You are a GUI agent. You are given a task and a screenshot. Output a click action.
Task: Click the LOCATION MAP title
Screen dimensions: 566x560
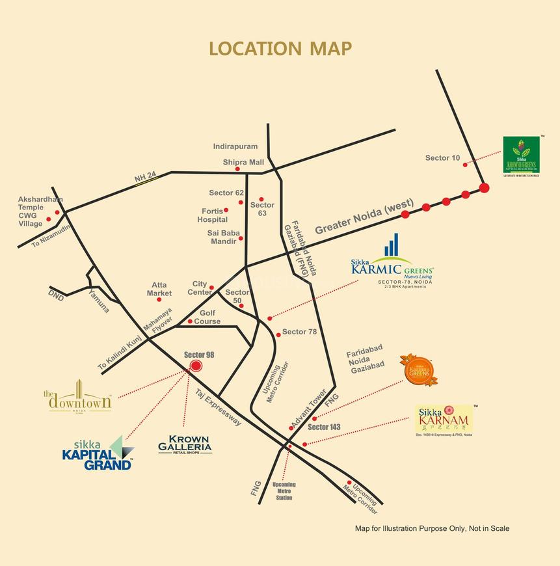coord(280,49)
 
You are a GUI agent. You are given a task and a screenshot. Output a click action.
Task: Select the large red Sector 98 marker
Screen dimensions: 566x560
coord(196,367)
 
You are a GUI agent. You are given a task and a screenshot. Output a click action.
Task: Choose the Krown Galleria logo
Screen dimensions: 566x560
coord(185,444)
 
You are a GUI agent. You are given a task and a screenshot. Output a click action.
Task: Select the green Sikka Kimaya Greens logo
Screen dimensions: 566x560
coord(522,155)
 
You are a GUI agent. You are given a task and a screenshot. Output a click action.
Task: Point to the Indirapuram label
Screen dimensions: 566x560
coord(235,147)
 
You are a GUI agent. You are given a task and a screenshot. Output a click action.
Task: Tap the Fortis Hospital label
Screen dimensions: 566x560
coord(213,215)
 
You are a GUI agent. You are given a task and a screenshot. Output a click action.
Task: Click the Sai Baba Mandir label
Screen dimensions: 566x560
coord(223,237)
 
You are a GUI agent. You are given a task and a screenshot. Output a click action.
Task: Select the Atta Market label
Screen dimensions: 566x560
coord(159,289)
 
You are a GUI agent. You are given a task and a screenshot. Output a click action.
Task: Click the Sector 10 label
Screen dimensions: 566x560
coord(442,158)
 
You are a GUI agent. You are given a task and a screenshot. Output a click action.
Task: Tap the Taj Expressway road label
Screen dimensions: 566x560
coord(219,407)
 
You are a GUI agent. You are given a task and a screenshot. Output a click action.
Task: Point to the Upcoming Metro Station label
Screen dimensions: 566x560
coord(284,491)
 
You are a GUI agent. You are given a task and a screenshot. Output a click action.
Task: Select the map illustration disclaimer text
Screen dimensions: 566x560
coord(432,528)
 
